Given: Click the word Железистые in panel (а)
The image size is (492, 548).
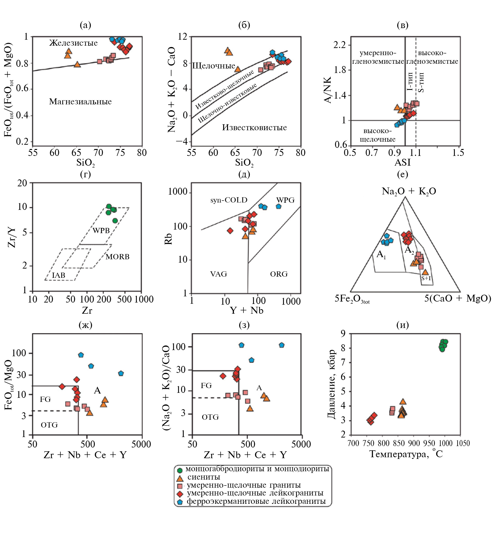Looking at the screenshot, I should (x=73, y=43).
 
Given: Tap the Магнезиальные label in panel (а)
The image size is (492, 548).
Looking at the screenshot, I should (x=80, y=102).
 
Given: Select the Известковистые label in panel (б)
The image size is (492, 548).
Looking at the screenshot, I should (x=254, y=127).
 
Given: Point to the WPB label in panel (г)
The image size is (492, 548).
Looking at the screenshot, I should (x=101, y=230).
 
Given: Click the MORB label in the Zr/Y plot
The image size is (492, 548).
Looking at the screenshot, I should (x=117, y=256).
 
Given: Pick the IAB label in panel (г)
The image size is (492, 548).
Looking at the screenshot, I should (x=58, y=275).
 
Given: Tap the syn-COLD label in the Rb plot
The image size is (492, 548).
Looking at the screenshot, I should (x=229, y=200).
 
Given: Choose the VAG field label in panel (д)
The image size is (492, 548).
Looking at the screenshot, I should (x=219, y=274).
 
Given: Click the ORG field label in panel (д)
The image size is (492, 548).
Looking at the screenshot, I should (x=279, y=274).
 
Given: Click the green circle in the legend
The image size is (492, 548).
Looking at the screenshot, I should (x=180, y=470).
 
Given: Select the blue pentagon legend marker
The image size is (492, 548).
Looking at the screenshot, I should (x=180, y=502).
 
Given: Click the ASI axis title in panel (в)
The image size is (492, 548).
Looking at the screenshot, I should (x=403, y=163).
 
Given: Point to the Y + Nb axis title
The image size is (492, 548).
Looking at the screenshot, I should (x=247, y=310).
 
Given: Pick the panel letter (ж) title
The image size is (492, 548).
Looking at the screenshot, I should (x=85, y=325).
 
